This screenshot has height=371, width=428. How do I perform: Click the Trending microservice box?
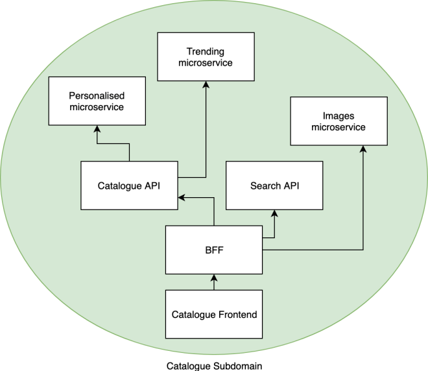[x=204, y=57]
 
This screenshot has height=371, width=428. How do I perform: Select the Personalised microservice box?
[x=96, y=101]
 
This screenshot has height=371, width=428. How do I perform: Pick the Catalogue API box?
[x=128, y=185]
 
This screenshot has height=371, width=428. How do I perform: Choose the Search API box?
[x=274, y=185]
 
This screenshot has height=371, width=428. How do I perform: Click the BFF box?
[x=214, y=249]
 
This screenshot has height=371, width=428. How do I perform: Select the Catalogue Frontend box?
[x=214, y=315]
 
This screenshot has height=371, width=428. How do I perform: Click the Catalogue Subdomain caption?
[x=214, y=365]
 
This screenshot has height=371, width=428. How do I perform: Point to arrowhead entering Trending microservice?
[x=206, y=84]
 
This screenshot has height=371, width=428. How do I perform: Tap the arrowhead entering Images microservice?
[x=363, y=149]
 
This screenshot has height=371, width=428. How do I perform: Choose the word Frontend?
[x=237, y=315]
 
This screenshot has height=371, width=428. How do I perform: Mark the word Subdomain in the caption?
[x=237, y=365]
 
